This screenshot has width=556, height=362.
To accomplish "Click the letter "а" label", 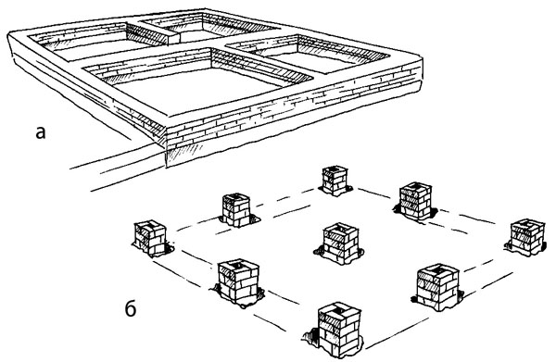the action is pos(41,133).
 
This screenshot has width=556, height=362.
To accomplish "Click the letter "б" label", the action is pos(131,309).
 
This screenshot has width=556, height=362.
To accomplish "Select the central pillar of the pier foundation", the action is pos(340,243).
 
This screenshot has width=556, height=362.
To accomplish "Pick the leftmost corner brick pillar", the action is pos(150,238).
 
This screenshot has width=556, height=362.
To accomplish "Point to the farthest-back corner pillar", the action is pos(335,181).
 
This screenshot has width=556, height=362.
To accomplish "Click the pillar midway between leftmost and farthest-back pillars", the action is pos(236,209).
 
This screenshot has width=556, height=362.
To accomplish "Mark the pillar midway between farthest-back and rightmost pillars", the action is pos(415,201).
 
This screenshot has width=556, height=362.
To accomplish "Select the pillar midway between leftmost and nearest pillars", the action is pos(238,282).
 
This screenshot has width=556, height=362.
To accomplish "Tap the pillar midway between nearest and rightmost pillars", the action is pos(438,287).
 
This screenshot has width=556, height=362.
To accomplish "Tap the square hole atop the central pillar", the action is pos(339,226).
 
